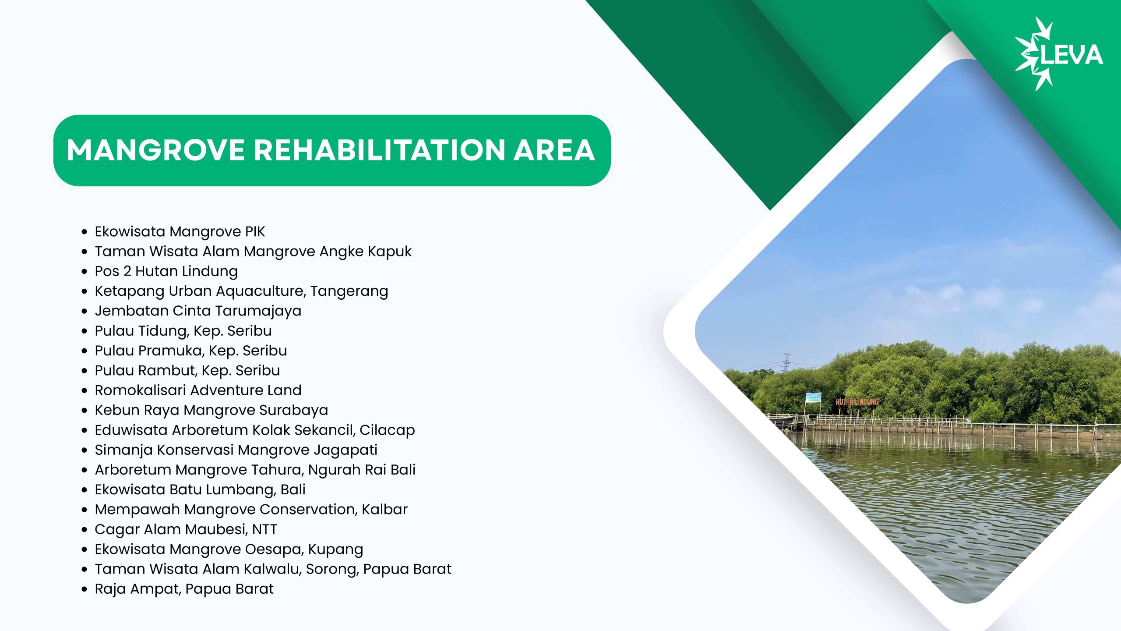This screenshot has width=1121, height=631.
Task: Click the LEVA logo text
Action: pyautogui.click(x=1071, y=55)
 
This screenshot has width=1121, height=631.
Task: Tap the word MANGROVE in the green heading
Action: pyautogui.click(x=156, y=150)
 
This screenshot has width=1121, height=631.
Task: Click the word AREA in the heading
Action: pyautogui.click(x=554, y=150)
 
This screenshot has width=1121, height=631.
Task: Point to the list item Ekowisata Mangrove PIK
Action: pyautogui.click(x=180, y=231)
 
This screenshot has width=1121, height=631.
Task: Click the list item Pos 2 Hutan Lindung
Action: pyautogui.click(x=166, y=271)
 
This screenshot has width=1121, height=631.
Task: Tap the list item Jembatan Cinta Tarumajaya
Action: pyautogui.click(x=198, y=311)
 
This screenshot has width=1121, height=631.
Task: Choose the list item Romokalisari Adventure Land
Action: pyautogui.click(x=198, y=390)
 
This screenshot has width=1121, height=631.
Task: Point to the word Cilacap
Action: pyautogui.click(x=387, y=430)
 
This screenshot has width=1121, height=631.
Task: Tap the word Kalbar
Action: pyautogui.click(x=384, y=509)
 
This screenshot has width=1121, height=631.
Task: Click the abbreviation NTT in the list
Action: pyautogui.click(x=264, y=529)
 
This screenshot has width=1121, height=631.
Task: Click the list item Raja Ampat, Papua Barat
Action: pyautogui.click(x=184, y=589)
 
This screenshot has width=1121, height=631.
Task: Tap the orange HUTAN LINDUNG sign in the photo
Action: pyautogui.click(x=857, y=402)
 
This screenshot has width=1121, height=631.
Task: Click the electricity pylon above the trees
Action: pyautogui.click(x=787, y=362)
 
